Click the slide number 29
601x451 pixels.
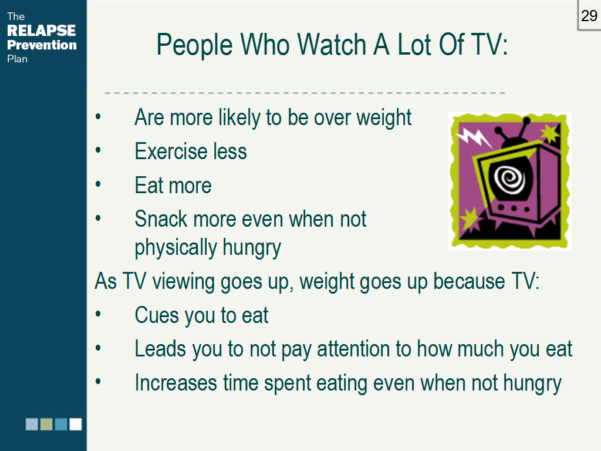tap(589, 16)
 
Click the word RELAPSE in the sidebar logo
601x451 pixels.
tap(42, 31)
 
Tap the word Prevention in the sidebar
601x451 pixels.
tap(42, 45)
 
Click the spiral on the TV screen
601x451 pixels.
tap(510, 179)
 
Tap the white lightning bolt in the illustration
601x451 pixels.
tap(474, 137)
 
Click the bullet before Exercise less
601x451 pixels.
tap(98, 150)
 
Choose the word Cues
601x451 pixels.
tap(157, 315)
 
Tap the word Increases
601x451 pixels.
tap(176, 383)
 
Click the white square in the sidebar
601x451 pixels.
tap(76, 424)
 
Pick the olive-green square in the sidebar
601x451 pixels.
tap(46, 424)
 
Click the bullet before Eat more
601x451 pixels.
tap(98, 184)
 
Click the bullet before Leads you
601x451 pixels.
tap(98, 348)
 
